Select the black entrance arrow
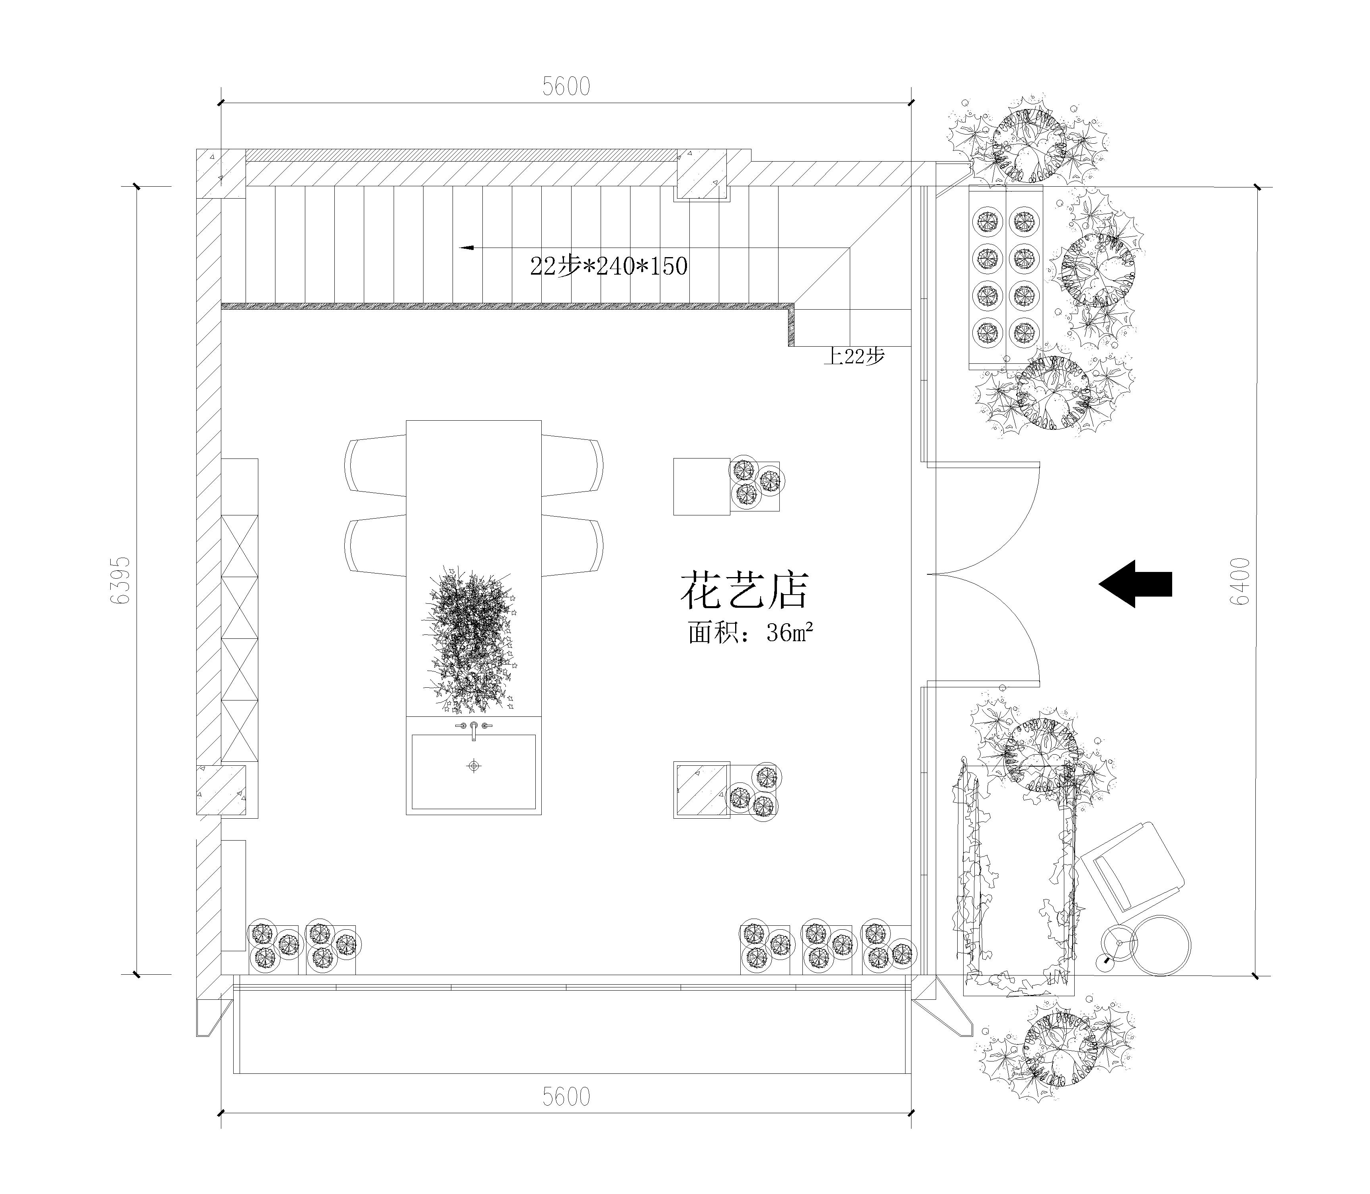click(x=1135, y=584)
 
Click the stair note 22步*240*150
click(x=608, y=266)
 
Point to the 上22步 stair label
click(x=854, y=357)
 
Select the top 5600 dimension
click(x=566, y=87)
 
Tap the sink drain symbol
click(x=474, y=766)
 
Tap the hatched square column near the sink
click(x=701, y=790)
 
